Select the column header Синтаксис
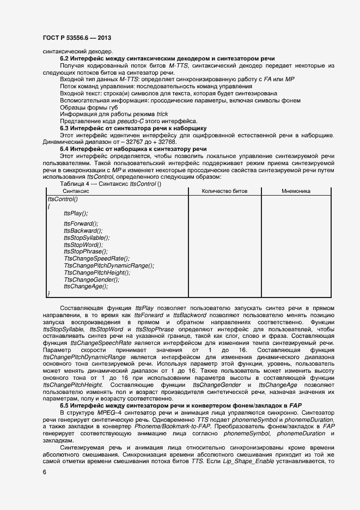coord(76,191)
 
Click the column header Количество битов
coord(224,191)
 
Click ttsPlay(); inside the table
coord(76,213)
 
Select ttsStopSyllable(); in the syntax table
coord(87,238)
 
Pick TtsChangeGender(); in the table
coord(89,280)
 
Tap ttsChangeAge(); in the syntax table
coord(86,286)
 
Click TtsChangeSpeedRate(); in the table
coord(96,258)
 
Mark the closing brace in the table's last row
coord(49,294)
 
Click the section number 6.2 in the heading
coord(64,58)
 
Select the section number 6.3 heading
coord(64,128)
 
